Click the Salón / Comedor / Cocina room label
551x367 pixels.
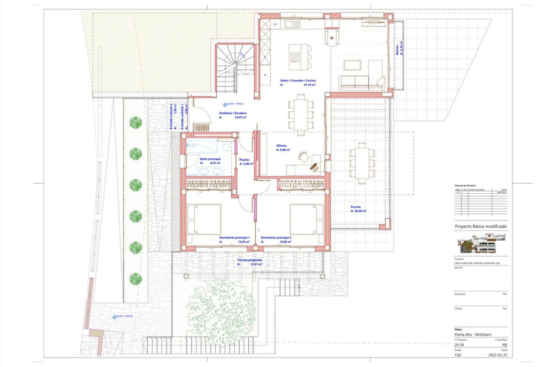pos(298,81)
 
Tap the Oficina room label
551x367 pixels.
pos(281,146)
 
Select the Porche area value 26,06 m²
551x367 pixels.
pos(358,211)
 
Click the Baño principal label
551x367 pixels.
pos(210,159)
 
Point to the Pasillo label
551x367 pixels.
pos(244,160)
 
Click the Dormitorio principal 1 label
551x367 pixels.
pos(234,238)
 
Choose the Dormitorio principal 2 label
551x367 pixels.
pos(276,238)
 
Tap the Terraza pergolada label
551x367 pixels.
pos(249,260)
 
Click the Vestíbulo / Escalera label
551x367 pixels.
pos(232,113)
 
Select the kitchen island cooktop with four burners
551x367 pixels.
pos(295,57)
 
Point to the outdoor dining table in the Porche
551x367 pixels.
pos(362,163)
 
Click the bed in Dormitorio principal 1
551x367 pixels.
pos(204,219)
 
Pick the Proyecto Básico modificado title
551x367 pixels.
pos(480,226)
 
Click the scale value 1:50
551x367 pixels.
pos(457,355)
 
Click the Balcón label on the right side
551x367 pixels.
pos(397,50)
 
